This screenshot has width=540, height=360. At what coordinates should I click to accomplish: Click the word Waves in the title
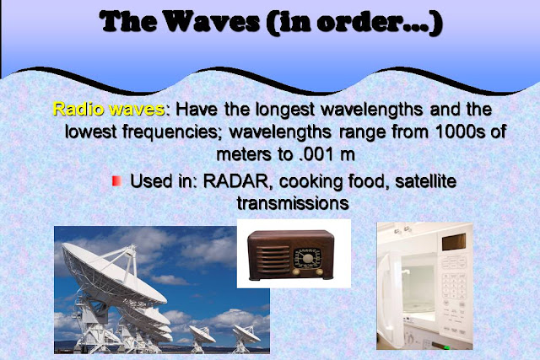(212, 21)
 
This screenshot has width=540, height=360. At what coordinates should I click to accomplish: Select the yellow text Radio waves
(109, 109)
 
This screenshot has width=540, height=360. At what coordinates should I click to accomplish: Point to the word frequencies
(172, 132)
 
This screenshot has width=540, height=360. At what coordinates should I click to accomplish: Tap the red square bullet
(116, 181)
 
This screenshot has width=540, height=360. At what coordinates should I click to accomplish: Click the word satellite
(425, 181)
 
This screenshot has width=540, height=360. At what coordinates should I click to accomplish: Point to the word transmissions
(293, 203)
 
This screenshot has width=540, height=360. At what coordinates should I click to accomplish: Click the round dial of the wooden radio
(307, 258)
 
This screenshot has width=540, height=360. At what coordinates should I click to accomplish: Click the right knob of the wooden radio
(319, 271)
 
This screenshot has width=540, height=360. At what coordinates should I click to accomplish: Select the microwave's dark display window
(454, 242)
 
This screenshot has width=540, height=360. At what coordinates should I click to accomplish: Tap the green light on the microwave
(446, 347)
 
